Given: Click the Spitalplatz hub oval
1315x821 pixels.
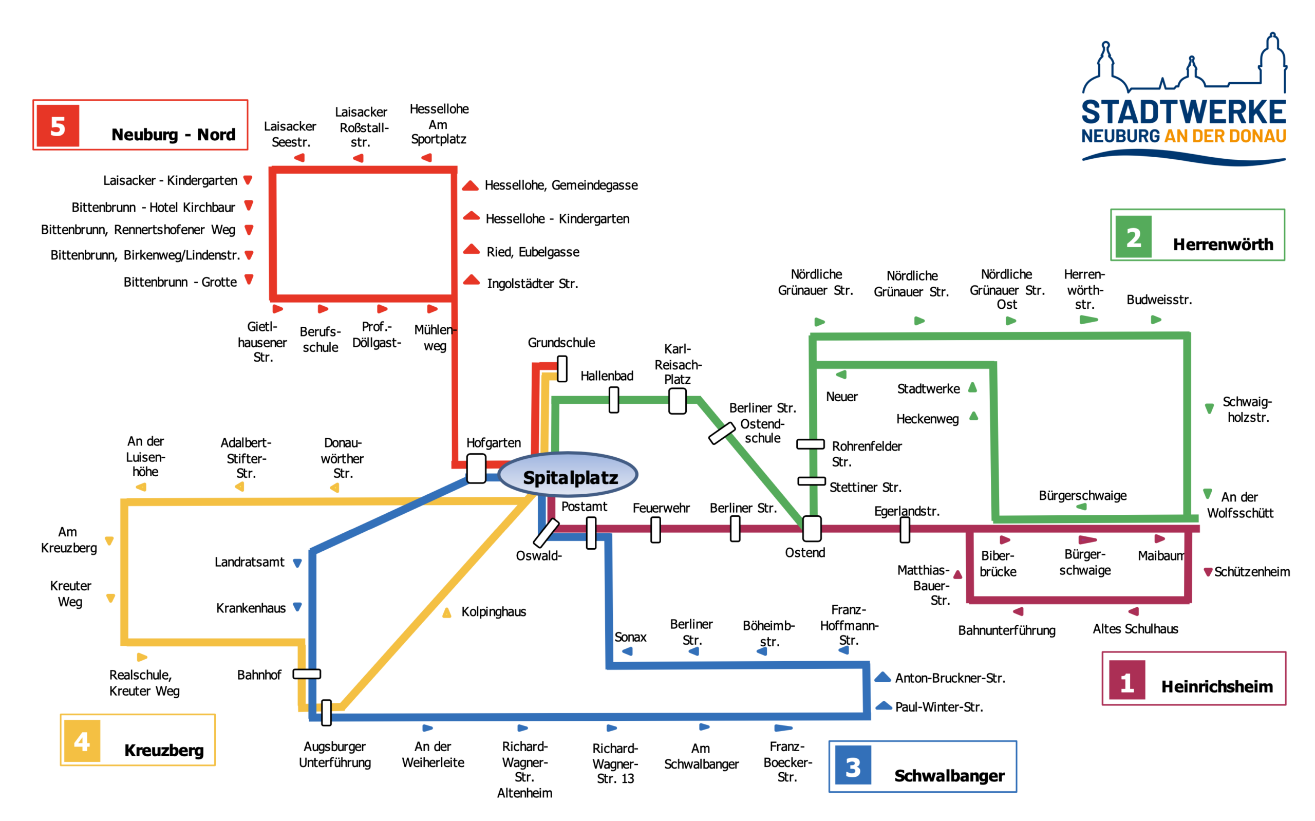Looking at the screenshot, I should [x=568, y=475].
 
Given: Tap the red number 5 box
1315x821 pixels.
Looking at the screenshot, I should [x=58, y=126].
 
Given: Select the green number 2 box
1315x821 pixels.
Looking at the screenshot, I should [x=1133, y=237].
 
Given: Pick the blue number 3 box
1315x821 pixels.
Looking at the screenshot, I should [x=853, y=766].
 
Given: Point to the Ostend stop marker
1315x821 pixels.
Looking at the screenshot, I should [x=812, y=529].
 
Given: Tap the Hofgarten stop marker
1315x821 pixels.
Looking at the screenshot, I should [x=476, y=468].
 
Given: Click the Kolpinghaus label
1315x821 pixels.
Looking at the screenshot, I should [x=493, y=612].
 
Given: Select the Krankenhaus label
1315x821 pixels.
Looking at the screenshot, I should [x=251, y=608].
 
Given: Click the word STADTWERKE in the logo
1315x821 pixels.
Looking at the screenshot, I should [x=1183, y=113].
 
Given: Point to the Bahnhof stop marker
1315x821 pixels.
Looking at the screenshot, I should [x=307, y=674].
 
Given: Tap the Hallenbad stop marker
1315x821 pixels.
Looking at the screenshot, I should [x=614, y=400].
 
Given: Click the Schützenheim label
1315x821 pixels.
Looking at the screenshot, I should [x=1251, y=572].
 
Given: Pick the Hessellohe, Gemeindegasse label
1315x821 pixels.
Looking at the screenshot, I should [x=560, y=185].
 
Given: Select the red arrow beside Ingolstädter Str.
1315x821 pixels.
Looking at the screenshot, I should [x=471, y=281].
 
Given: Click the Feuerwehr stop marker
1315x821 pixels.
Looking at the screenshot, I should [x=655, y=529].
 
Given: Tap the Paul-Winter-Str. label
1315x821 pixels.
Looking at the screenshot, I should [x=939, y=707].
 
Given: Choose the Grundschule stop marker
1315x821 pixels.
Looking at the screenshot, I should [x=562, y=369].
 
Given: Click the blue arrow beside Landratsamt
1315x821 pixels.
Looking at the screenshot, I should [x=297, y=563].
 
